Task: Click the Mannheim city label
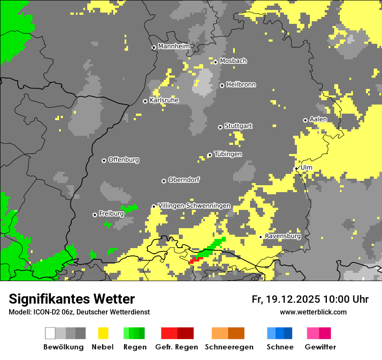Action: click(x=174, y=46)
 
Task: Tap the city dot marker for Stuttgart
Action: click(x=220, y=127)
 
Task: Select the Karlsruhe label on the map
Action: click(x=164, y=100)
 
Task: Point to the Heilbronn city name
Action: click(x=241, y=85)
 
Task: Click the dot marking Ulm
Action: click(x=296, y=168)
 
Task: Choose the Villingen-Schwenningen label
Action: click(x=194, y=206)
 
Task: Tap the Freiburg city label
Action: click(x=111, y=213)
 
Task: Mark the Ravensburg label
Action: click(x=283, y=236)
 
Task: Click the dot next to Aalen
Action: click(x=305, y=120)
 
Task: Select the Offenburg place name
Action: click(x=123, y=160)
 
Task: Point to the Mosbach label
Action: click(x=233, y=61)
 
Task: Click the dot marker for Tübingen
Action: click(x=210, y=155)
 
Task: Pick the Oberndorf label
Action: click(x=184, y=180)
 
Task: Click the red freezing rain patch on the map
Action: click(x=195, y=260)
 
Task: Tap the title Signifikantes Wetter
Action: click(x=72, y=299)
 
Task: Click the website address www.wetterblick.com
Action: click(x=313, y=312)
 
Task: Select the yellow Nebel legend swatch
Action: click(x=103, y=333)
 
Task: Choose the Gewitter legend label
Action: click(x=320, y=347)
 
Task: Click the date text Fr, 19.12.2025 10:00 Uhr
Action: click(x=310, y=299)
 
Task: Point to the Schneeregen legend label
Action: click(x=229, y=347)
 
